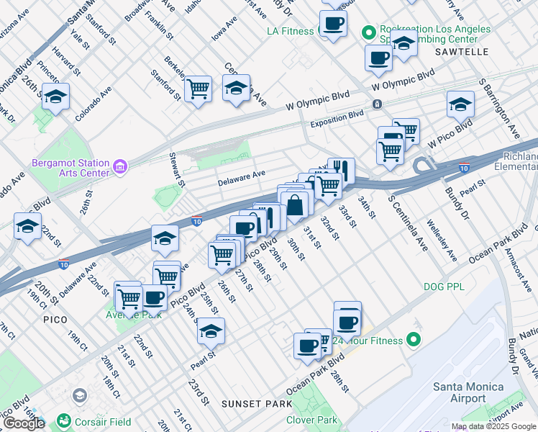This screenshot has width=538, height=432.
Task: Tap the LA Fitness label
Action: tap(290, 31)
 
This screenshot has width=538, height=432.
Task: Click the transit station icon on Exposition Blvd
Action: tap(377, 104)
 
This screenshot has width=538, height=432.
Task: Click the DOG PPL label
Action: tap(444, 287)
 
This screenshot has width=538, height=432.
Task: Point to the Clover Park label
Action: tap(311, 420)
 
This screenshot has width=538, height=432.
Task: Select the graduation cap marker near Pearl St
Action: tap(211, 330)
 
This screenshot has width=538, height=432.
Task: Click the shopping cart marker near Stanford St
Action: tap(198, 89)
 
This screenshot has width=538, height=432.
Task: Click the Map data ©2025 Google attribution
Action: tap(493, 426)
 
